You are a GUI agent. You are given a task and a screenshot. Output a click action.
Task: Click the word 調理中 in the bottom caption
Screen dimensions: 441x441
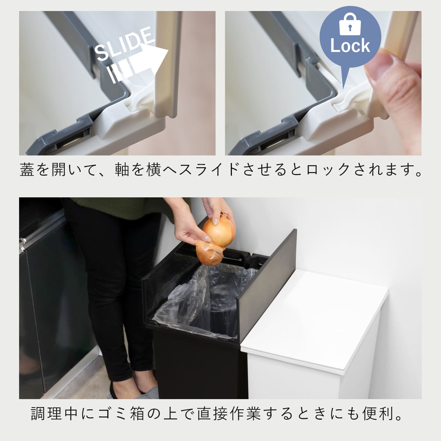coord(54,414)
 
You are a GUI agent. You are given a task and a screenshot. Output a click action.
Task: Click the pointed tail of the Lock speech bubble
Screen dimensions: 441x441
coord(344,83)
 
